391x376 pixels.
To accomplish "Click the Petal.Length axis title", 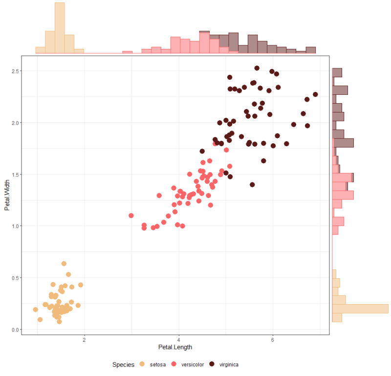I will pyautogui.click(x=175, y=347).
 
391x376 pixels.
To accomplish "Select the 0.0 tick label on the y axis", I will pyautogui.click(x=15, y=330).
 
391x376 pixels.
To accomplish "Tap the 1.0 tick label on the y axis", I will pyautogui.click(x=15, y=226).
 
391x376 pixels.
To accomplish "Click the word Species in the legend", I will pyautogui.click(x=123, y=364).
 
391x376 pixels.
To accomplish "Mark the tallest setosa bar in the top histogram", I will pyautogui.click(x=60, y=27).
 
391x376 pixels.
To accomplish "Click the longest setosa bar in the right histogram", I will pyautogui.click(x=360, y=309).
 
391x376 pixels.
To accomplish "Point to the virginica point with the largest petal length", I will pyautogui.click(x=315, y=94).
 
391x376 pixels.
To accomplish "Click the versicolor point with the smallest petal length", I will pyautogui.click(x=131, y=216).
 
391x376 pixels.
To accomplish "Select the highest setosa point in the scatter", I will pyautogui.click(x=64, y=264).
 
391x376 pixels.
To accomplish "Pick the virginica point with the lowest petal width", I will pyautogui.click(x=252, y=185).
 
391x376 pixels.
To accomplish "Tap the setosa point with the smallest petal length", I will pyautogui.click(x=35, y=310).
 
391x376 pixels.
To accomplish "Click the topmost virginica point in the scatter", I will pyautogui.click(x=257, y=68).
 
